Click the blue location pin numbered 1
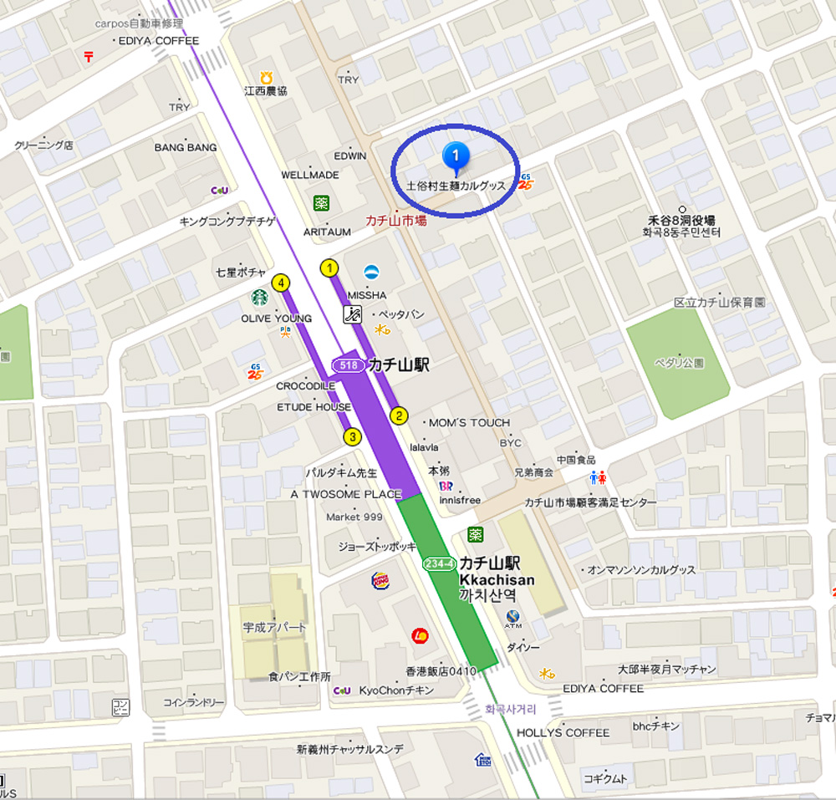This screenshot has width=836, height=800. (x=456, y=155)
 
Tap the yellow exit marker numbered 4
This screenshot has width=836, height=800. (x=282, y=283)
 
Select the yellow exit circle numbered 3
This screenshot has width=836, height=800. (x=353, y=436)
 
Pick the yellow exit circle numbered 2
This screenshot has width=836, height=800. (x=400, y=415)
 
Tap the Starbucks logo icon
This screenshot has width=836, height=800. (x=259, y=298)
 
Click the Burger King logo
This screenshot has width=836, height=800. (x=380, y=579)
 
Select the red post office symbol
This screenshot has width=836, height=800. (x=89, y=56)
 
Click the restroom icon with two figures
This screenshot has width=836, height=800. (x=599, y=477)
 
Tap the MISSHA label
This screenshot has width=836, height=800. (x=367, y=295)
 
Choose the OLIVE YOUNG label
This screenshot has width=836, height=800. (x=276, y=318)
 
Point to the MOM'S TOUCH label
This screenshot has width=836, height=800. (x=469, y=422)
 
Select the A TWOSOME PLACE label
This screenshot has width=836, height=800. (x=346, y=494)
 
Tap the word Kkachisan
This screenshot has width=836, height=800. (x=497, y=579)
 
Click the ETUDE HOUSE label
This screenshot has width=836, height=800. (x=314, y=407)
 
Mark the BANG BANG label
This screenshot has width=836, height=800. (x=186, y=148)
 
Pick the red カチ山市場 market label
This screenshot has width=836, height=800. (x=396, y=221)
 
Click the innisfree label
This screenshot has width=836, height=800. (x=460, y=500)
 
